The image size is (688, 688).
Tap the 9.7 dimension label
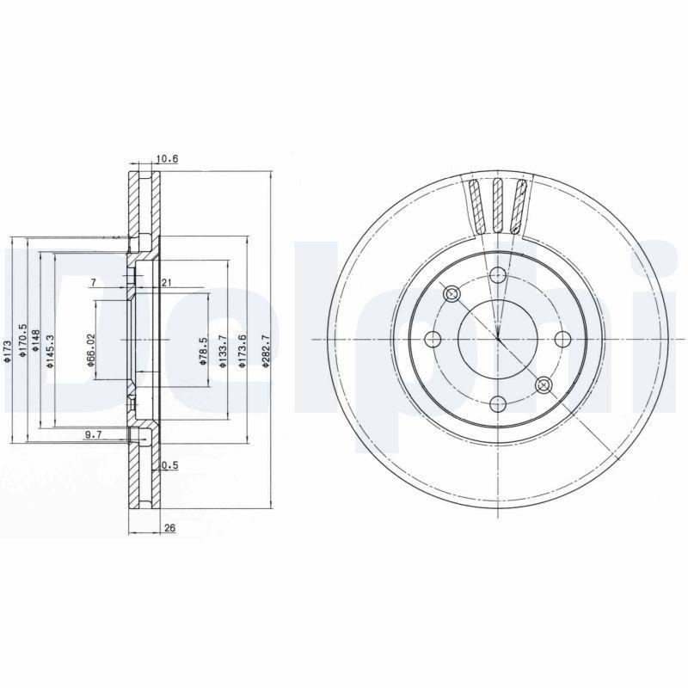(x=94, y=436)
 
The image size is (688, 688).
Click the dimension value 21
(x=167, y=283)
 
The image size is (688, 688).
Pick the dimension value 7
(x=94, y=283)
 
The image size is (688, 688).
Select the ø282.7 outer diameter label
(x=267, y=352)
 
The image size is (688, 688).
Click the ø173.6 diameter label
(x=244, y=352)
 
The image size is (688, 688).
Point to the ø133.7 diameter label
(x=223, y=352)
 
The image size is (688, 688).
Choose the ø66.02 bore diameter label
(x=90, y=352)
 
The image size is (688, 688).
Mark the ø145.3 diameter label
(x=50, y=352)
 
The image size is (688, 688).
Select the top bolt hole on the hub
(x=497, y=275)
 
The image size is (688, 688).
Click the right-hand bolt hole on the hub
(x=563, y=339)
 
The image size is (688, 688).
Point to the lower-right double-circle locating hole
(x=543, y=384)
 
